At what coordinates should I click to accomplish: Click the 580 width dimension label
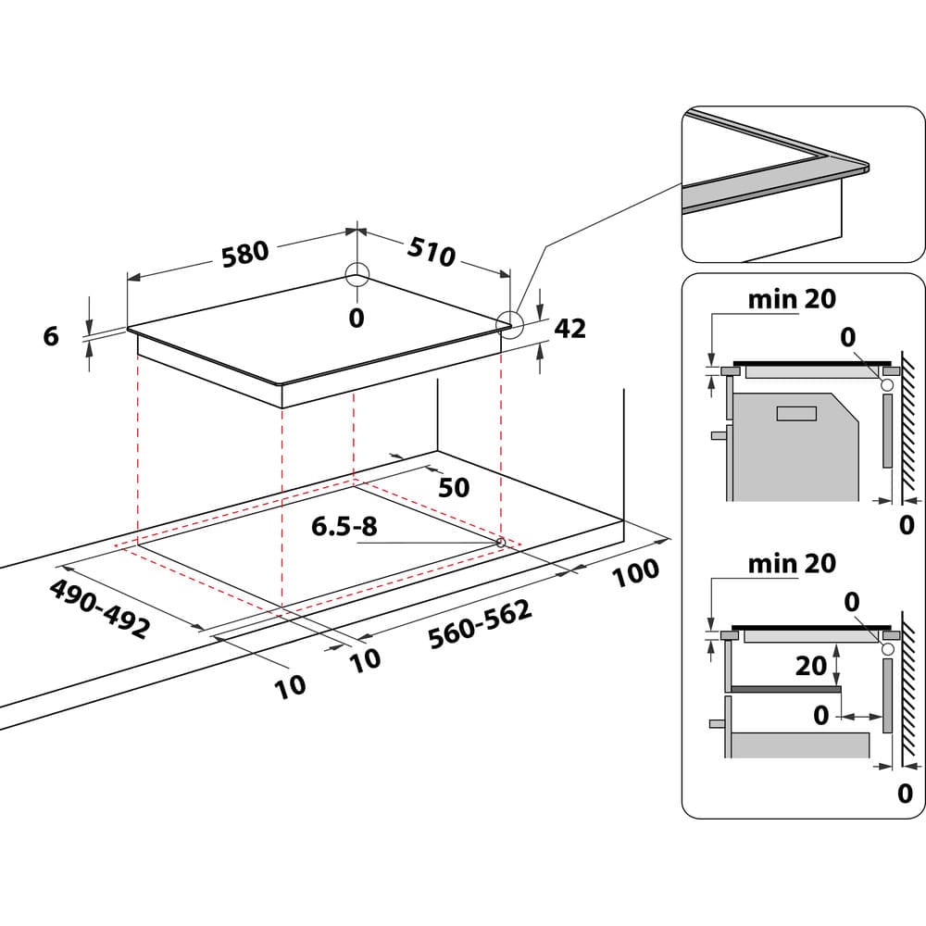244,253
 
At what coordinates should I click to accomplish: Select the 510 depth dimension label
432,251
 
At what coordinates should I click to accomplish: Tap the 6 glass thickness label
51,336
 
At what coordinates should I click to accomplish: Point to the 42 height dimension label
570,328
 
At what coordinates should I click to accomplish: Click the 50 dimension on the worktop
454,487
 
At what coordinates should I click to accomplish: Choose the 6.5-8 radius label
344,527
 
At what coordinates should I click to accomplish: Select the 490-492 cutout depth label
98,609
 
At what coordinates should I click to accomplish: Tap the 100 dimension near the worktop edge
636,572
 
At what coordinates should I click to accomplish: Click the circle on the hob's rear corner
357,274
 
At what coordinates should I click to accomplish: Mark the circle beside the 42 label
508,322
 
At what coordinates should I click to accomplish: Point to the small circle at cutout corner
501,542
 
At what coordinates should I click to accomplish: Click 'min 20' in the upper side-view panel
792,298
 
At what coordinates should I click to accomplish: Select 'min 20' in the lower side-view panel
792,563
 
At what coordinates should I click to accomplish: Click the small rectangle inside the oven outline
795,413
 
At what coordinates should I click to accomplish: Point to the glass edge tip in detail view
866,169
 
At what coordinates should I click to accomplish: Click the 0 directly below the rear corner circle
357,319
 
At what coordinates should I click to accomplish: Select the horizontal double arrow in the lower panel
860,716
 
